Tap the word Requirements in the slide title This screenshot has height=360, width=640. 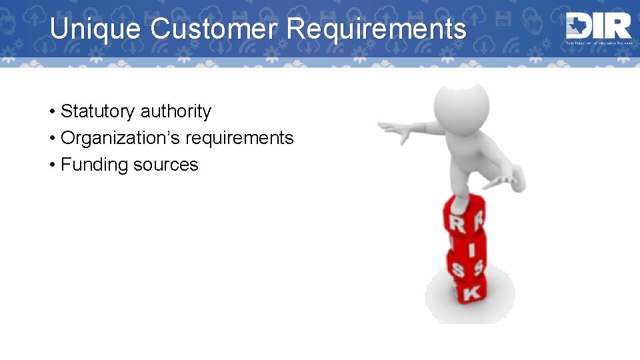point(377,29)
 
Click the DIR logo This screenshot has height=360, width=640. point(598,28)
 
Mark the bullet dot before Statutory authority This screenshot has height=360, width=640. point(51,111)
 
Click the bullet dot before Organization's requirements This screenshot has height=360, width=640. point(51,138)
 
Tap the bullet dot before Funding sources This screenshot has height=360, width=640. point(51,165)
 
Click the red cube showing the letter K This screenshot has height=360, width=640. point(470,291)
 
